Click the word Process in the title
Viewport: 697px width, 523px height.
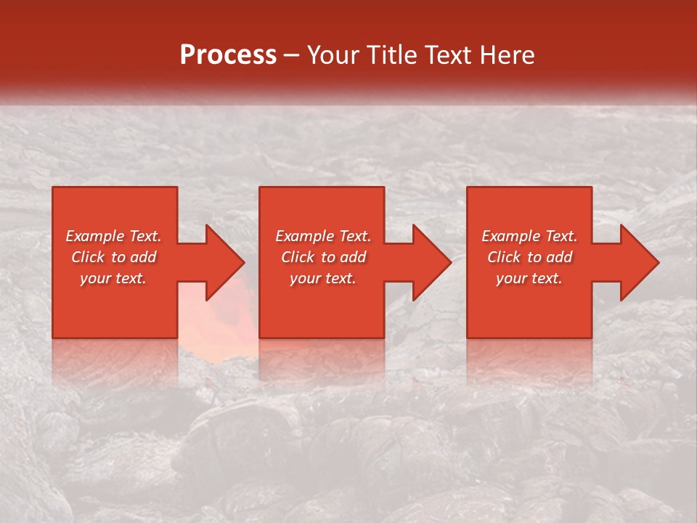(228, 55)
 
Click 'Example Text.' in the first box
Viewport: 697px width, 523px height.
(113, 236)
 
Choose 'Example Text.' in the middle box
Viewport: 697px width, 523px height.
(323, 236)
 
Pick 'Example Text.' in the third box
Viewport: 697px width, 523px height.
(529, 236)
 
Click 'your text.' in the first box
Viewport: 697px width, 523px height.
(113, 278)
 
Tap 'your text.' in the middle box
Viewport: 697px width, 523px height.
(323, 278)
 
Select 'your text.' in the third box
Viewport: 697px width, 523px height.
(529, 278)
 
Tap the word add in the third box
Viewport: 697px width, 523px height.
(558, 257)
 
